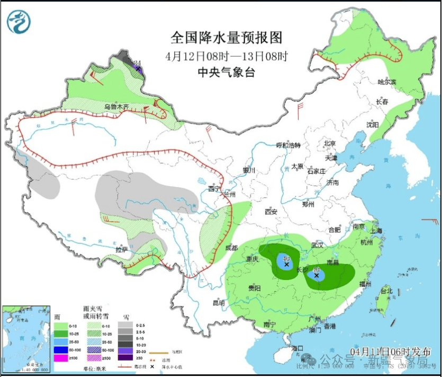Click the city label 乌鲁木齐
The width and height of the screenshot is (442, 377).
(116, 107)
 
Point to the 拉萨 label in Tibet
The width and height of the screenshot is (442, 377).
(122, 249)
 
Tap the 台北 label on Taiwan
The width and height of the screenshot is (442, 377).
(386, 291)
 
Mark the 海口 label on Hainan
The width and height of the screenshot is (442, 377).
(297, 348)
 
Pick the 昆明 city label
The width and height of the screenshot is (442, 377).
(218, 303)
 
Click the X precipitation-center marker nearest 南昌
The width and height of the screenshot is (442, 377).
(317, 276)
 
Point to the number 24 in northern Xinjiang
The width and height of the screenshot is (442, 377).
(138, 64)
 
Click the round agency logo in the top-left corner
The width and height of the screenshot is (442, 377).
(19, 22)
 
